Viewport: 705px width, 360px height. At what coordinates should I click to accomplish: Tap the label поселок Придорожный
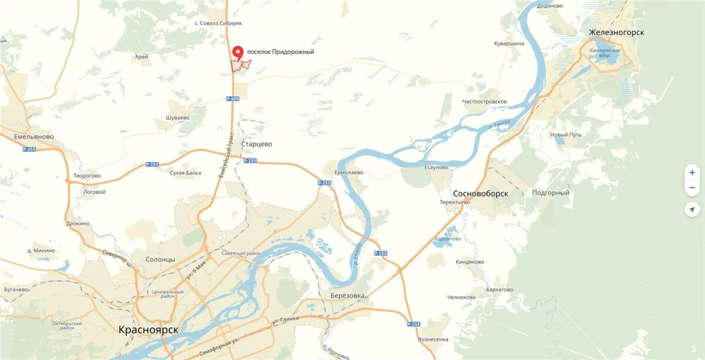280,52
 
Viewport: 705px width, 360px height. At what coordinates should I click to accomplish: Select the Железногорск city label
616,32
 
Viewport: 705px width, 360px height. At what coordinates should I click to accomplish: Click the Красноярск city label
148,329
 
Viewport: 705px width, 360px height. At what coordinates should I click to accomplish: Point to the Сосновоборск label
481,193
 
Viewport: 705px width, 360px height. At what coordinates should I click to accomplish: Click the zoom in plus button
692,173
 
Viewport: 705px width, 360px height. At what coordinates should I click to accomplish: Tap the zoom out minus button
692,188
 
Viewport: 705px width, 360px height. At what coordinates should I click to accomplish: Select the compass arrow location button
692,210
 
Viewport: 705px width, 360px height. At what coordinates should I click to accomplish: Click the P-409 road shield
233,99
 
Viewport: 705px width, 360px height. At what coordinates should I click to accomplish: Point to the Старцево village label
257,144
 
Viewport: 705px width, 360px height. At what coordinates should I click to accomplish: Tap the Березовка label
347,295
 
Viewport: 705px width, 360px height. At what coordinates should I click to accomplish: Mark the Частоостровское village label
485,102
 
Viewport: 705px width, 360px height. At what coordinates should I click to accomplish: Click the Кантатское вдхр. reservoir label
605,53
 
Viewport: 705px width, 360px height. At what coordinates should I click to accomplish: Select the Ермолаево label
349,173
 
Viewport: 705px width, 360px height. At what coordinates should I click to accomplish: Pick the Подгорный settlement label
550,193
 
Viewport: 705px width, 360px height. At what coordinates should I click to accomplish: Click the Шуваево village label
177,117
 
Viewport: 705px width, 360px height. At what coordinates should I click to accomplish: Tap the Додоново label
550,6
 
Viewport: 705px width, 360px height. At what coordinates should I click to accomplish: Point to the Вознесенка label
433,339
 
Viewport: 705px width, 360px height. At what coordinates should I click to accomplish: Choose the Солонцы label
160,260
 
